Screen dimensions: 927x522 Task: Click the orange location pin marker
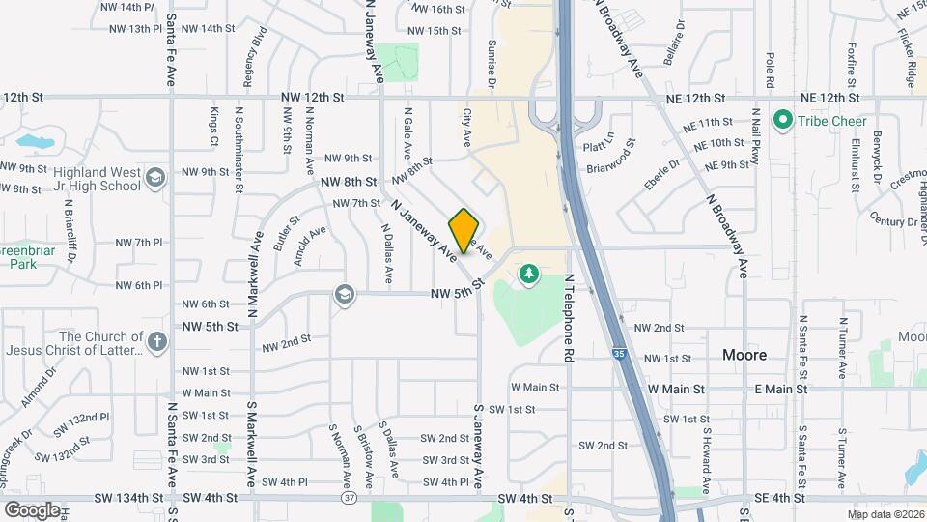(x=463, y=231)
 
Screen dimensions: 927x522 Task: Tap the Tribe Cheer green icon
(x=783, y=120)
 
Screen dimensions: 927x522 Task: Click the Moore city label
(x=744, y=355)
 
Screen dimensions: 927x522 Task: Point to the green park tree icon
(x=528, y=275)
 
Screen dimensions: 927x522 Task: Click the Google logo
(x=32, y=509)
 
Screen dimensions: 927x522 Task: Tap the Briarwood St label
(x=610, y=156)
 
